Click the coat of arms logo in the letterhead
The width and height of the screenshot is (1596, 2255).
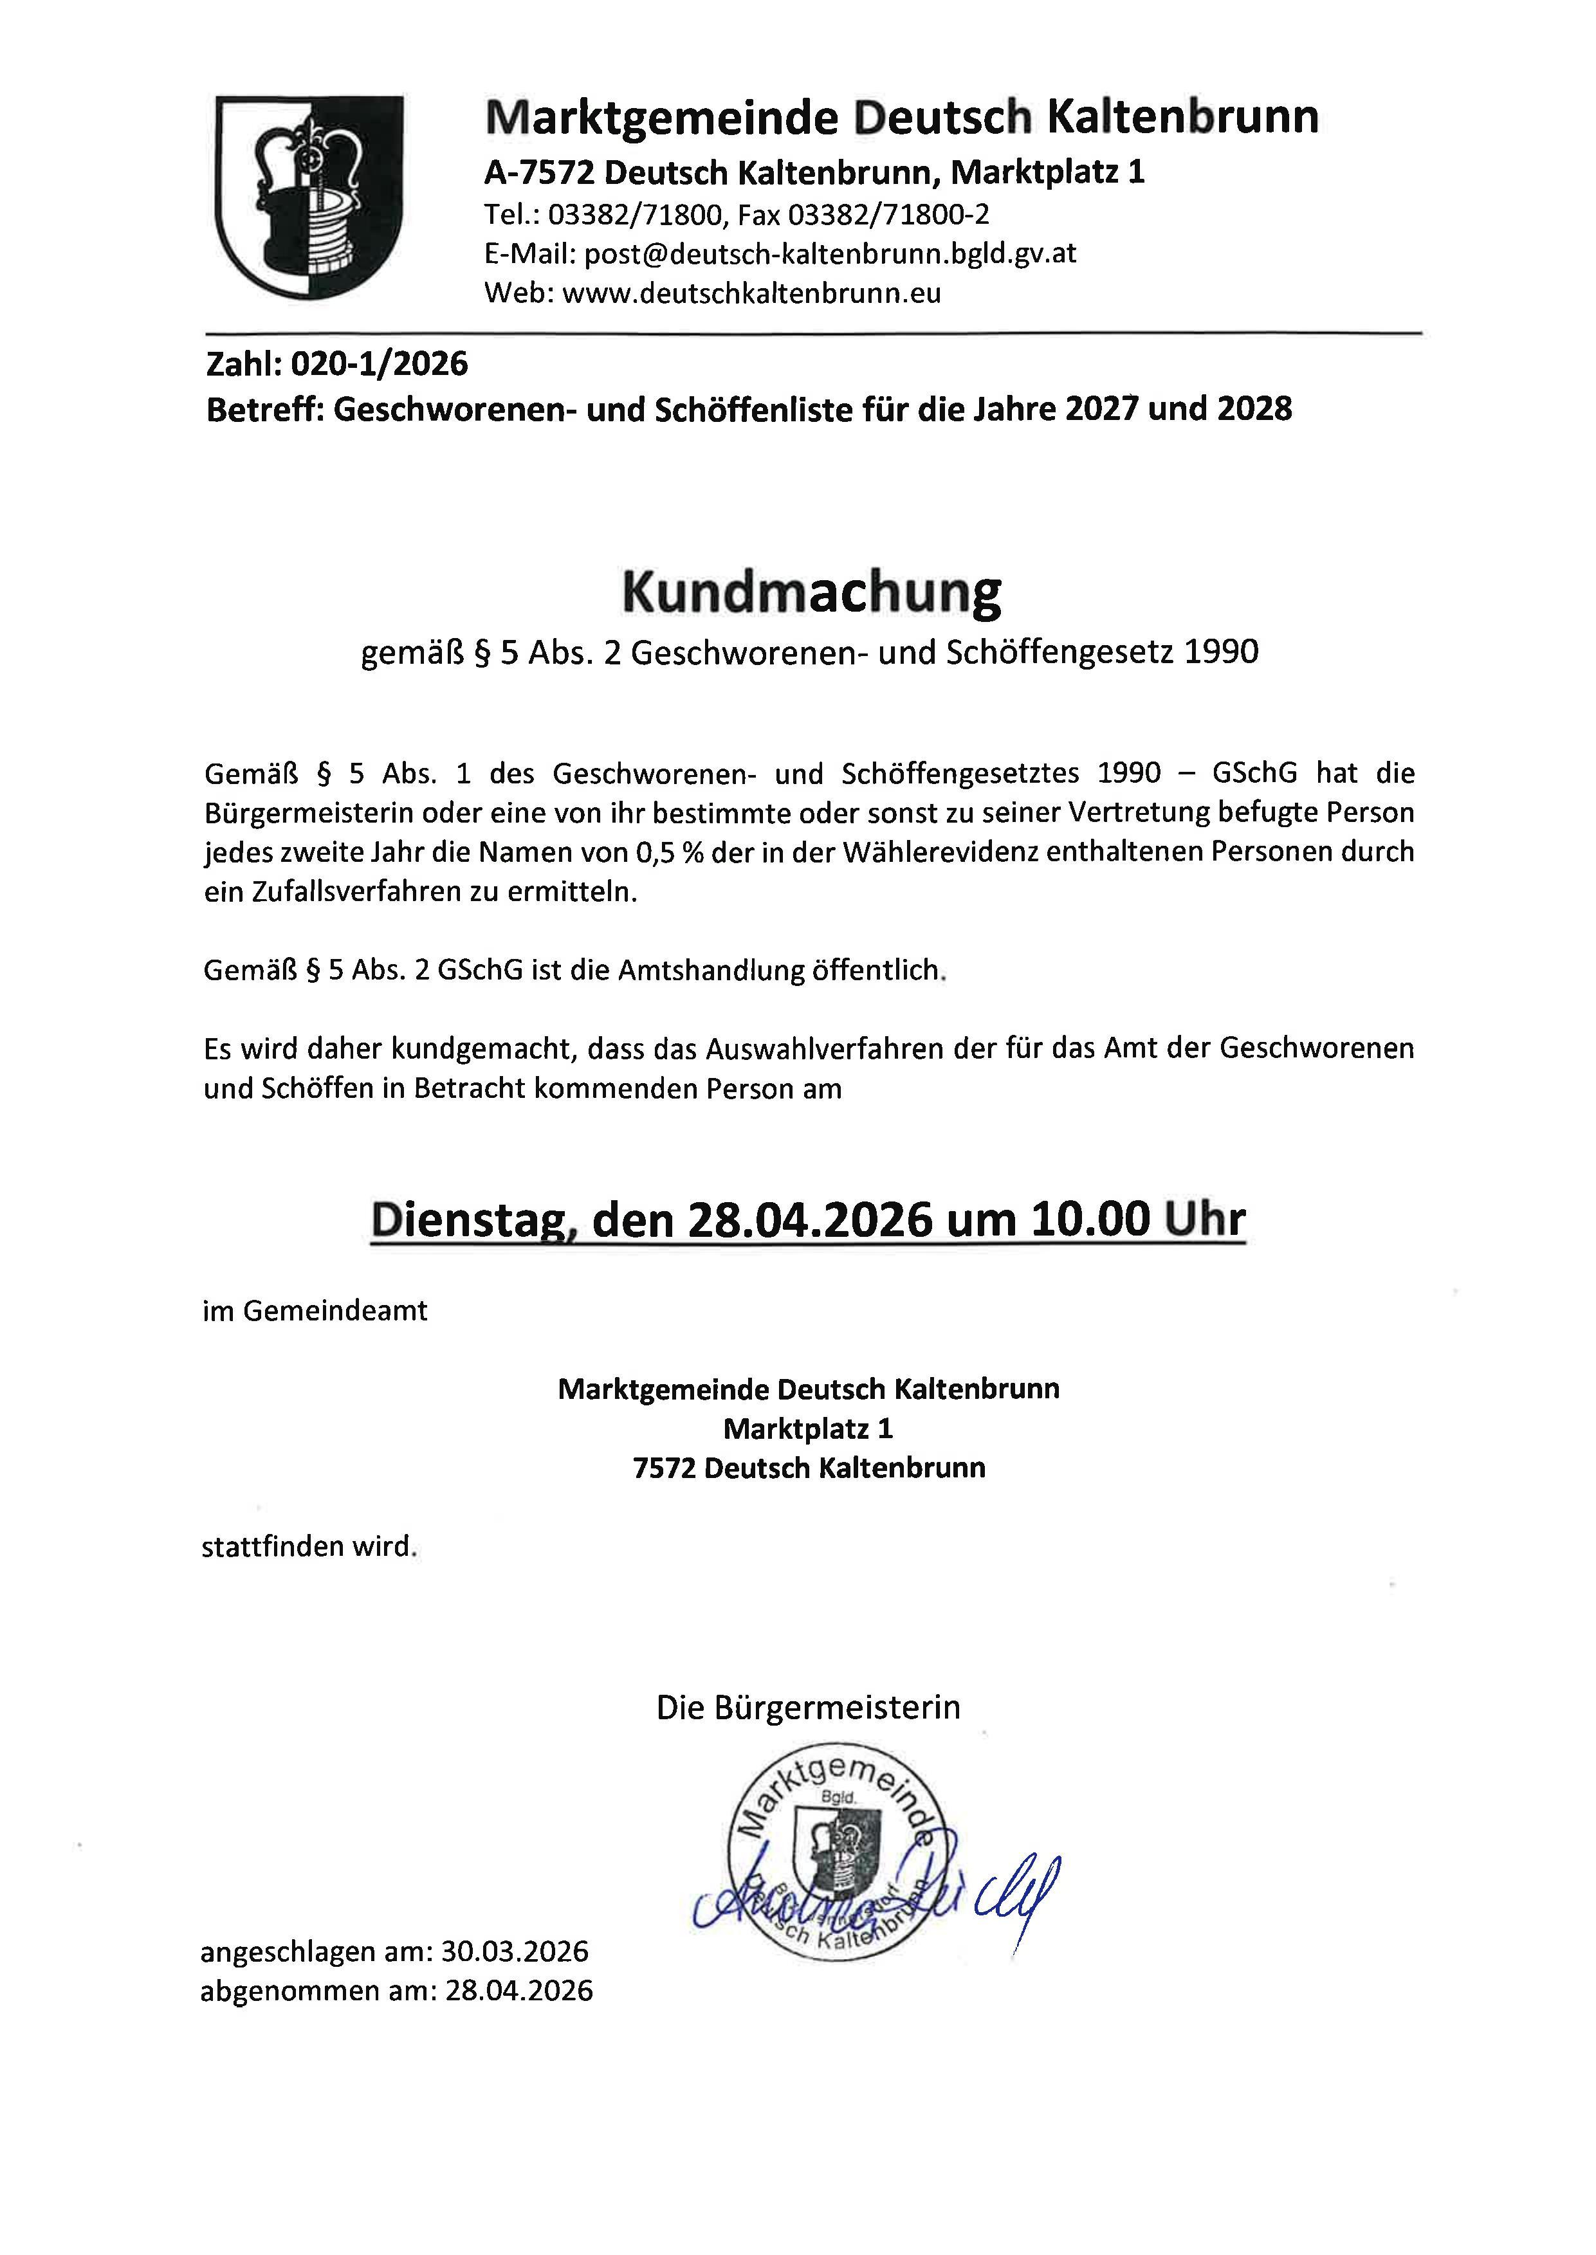click(x=309, y=197)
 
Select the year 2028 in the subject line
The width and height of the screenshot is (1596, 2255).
click(x=1254, y=409)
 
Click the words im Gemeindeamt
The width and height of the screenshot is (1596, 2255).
click(x=315, y=1311)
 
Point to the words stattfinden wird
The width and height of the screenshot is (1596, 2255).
click(x=309, y=1547)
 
